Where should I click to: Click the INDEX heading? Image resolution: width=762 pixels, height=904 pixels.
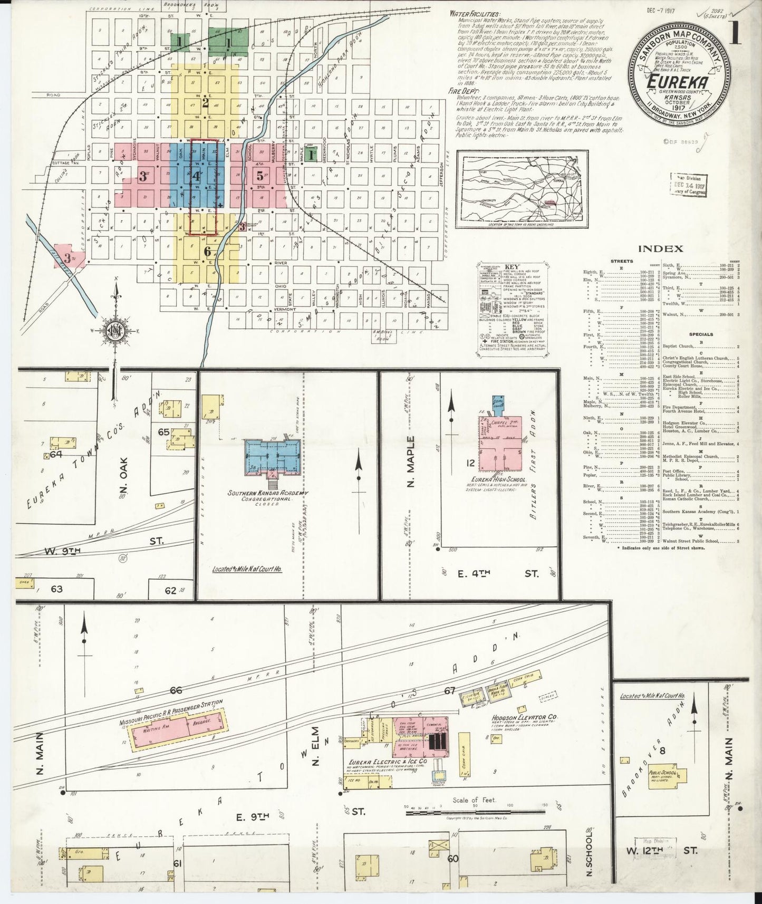660,248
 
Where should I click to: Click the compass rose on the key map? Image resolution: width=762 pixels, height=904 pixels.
113,331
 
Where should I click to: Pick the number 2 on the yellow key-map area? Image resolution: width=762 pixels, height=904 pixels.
206,102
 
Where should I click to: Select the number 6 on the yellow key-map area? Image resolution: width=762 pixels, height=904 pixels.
207,252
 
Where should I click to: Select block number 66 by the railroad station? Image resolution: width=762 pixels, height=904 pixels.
176,690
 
